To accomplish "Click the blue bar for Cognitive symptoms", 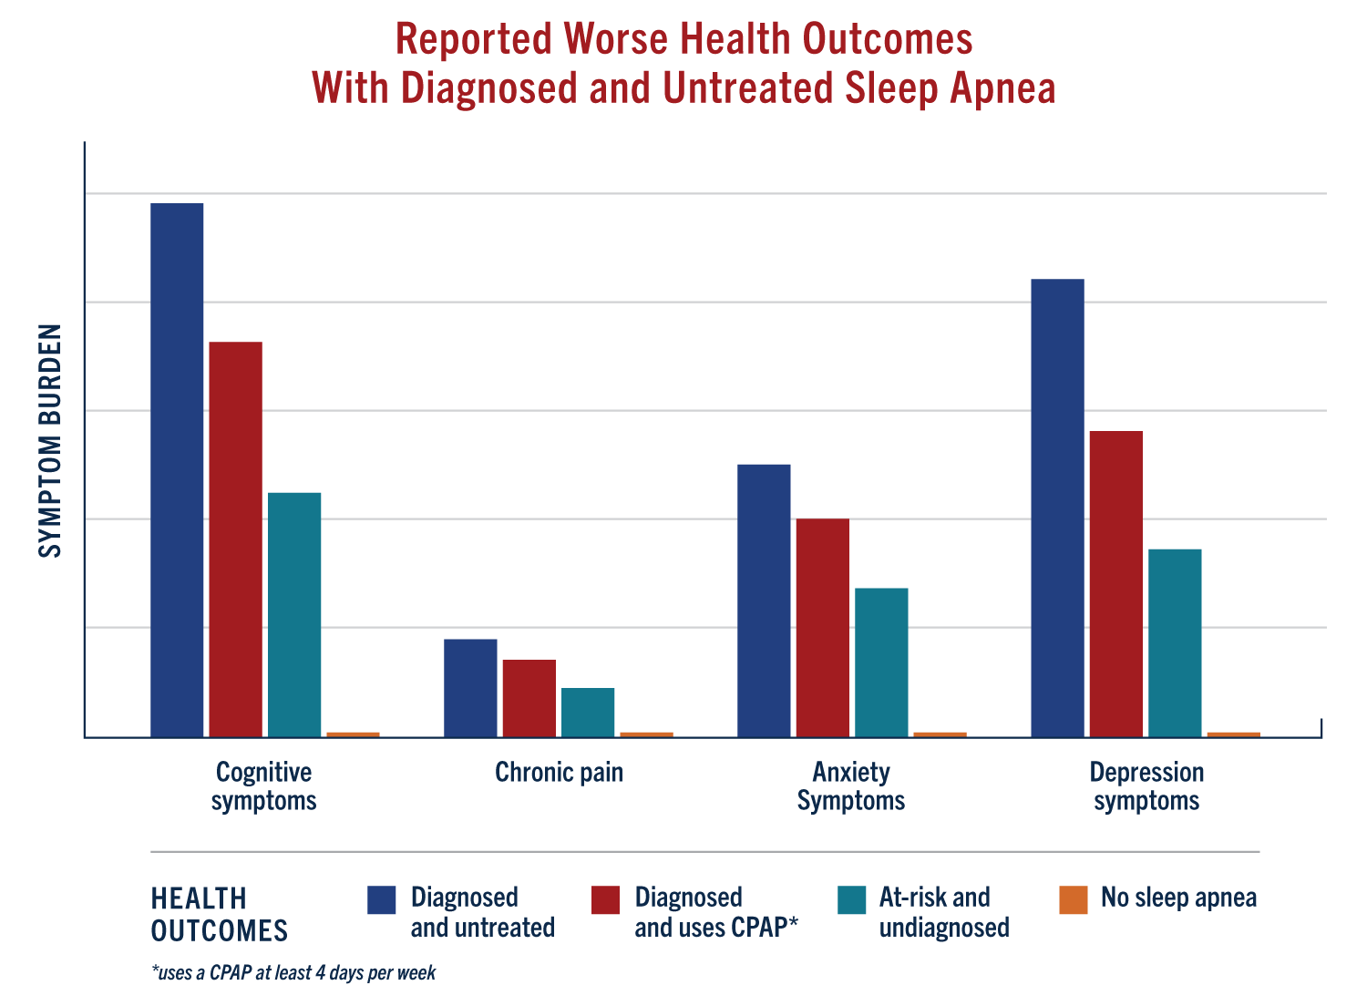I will pyautogui.click(x=177, y=469).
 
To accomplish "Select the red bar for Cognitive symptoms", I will pyautogui.click(x=236, y=539).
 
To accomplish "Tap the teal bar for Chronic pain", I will pyautogui.click(x=588, y=712).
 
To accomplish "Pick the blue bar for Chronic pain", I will pyautogui.click(x=470, y=687).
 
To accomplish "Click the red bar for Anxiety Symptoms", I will pyautogui.click(x=822, y=627).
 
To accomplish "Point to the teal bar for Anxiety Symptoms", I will pyautogui.click(x=881, y=662).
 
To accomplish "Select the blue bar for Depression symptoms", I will pyautogui.click(x=1057, y=508).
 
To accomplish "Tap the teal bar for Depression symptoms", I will pyautogui.click(x=1175, y=642).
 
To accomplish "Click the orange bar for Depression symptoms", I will pyautogui.click(x=1233, y=734).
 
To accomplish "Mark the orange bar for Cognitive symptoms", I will pyautogui.click(x=353, y=734).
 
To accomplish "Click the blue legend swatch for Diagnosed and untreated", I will pyautogui.click(x=382, y=899).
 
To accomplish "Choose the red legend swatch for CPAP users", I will pyautogui.click(x=606, y=899).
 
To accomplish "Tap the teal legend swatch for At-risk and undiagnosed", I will pyautogui.click(x=851, y=899).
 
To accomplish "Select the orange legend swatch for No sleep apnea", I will pyautogui.click(x=1074, y=899).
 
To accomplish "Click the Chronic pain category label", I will pyautogui.click(x=559, y=773).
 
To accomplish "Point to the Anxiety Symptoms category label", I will pyautogui.click(x=851, y=786).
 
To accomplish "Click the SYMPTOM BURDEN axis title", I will pyautogui.click(x=51, y=440).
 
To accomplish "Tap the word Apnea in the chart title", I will pyautogui.click(x=1002, y=88).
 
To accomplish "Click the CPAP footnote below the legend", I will pyautogui.click(x=293, y=972).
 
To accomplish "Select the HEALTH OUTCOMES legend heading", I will pyautogui.click(x=219, y=914).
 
